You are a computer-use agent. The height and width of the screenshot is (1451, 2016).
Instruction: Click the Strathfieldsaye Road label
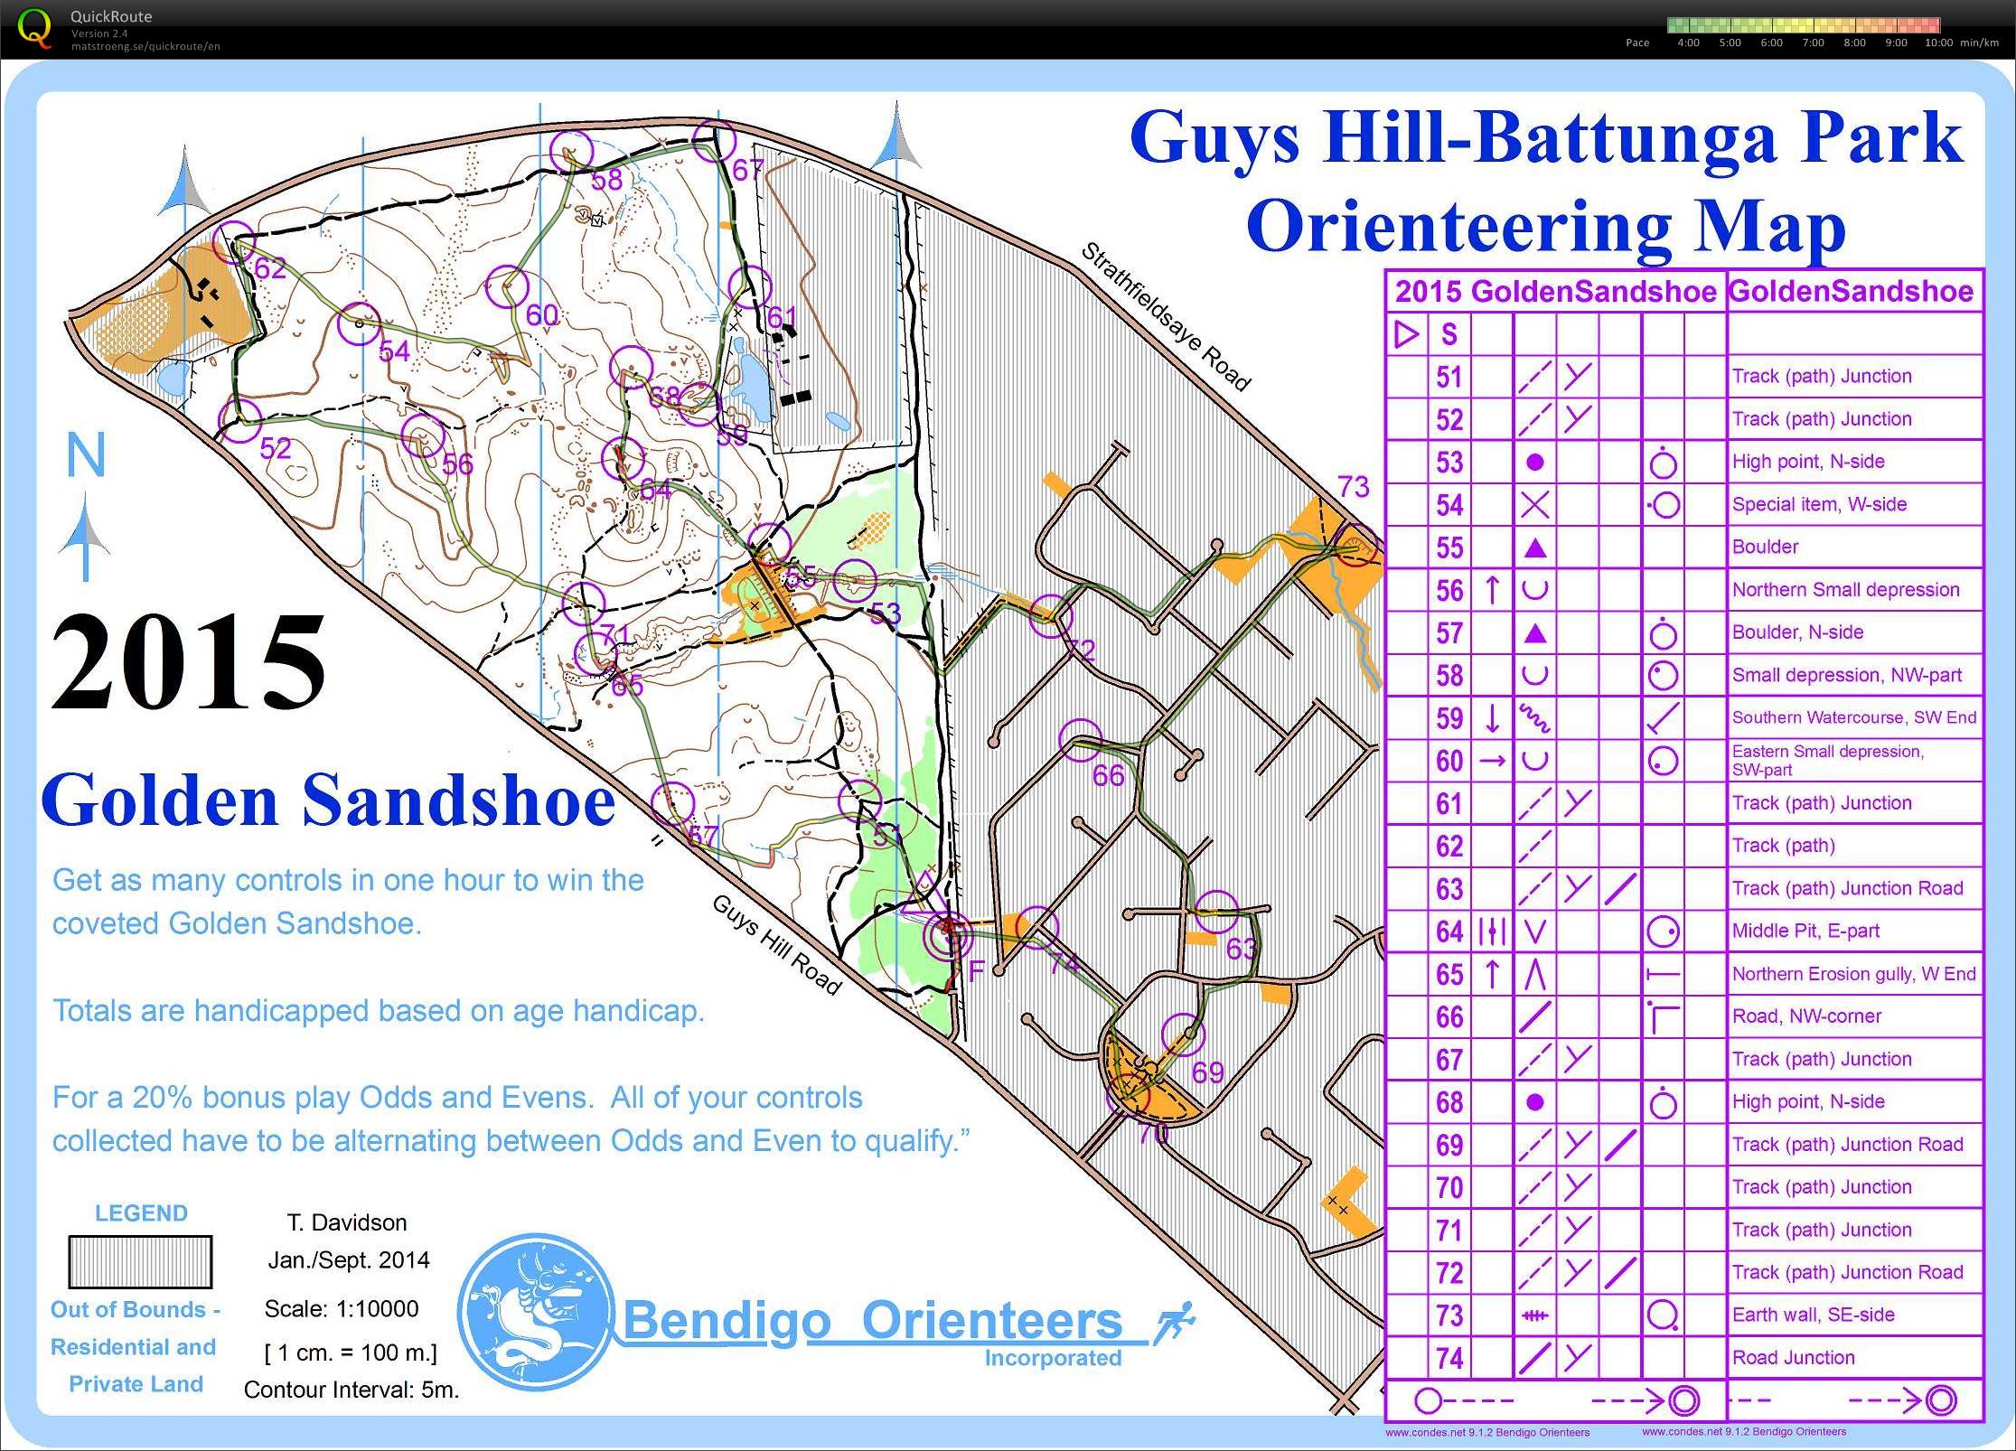point(1166,316)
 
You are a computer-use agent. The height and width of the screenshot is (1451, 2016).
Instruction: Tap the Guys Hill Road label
point(777,944)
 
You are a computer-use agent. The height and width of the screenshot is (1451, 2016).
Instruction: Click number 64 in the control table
point(1449,931)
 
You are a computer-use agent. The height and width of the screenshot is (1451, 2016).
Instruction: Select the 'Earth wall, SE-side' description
point(1813,1315)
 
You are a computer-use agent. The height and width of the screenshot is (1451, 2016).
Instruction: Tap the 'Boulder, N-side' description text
point(1796,632)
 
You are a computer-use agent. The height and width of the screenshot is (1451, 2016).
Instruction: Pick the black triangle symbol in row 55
point(1534,548)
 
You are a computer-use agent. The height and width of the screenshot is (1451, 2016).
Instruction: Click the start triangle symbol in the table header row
point(1406,334)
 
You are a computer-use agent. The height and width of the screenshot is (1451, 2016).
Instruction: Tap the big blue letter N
point(87,455)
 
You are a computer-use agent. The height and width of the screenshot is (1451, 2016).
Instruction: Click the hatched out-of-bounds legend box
point(140,1261)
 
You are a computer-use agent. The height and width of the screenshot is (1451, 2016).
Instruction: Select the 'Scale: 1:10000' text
point(342,1309)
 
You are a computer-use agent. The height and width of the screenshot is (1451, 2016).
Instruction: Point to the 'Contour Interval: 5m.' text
point(352,1390)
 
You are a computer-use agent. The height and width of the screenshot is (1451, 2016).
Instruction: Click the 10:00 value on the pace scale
point(1938,42)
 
